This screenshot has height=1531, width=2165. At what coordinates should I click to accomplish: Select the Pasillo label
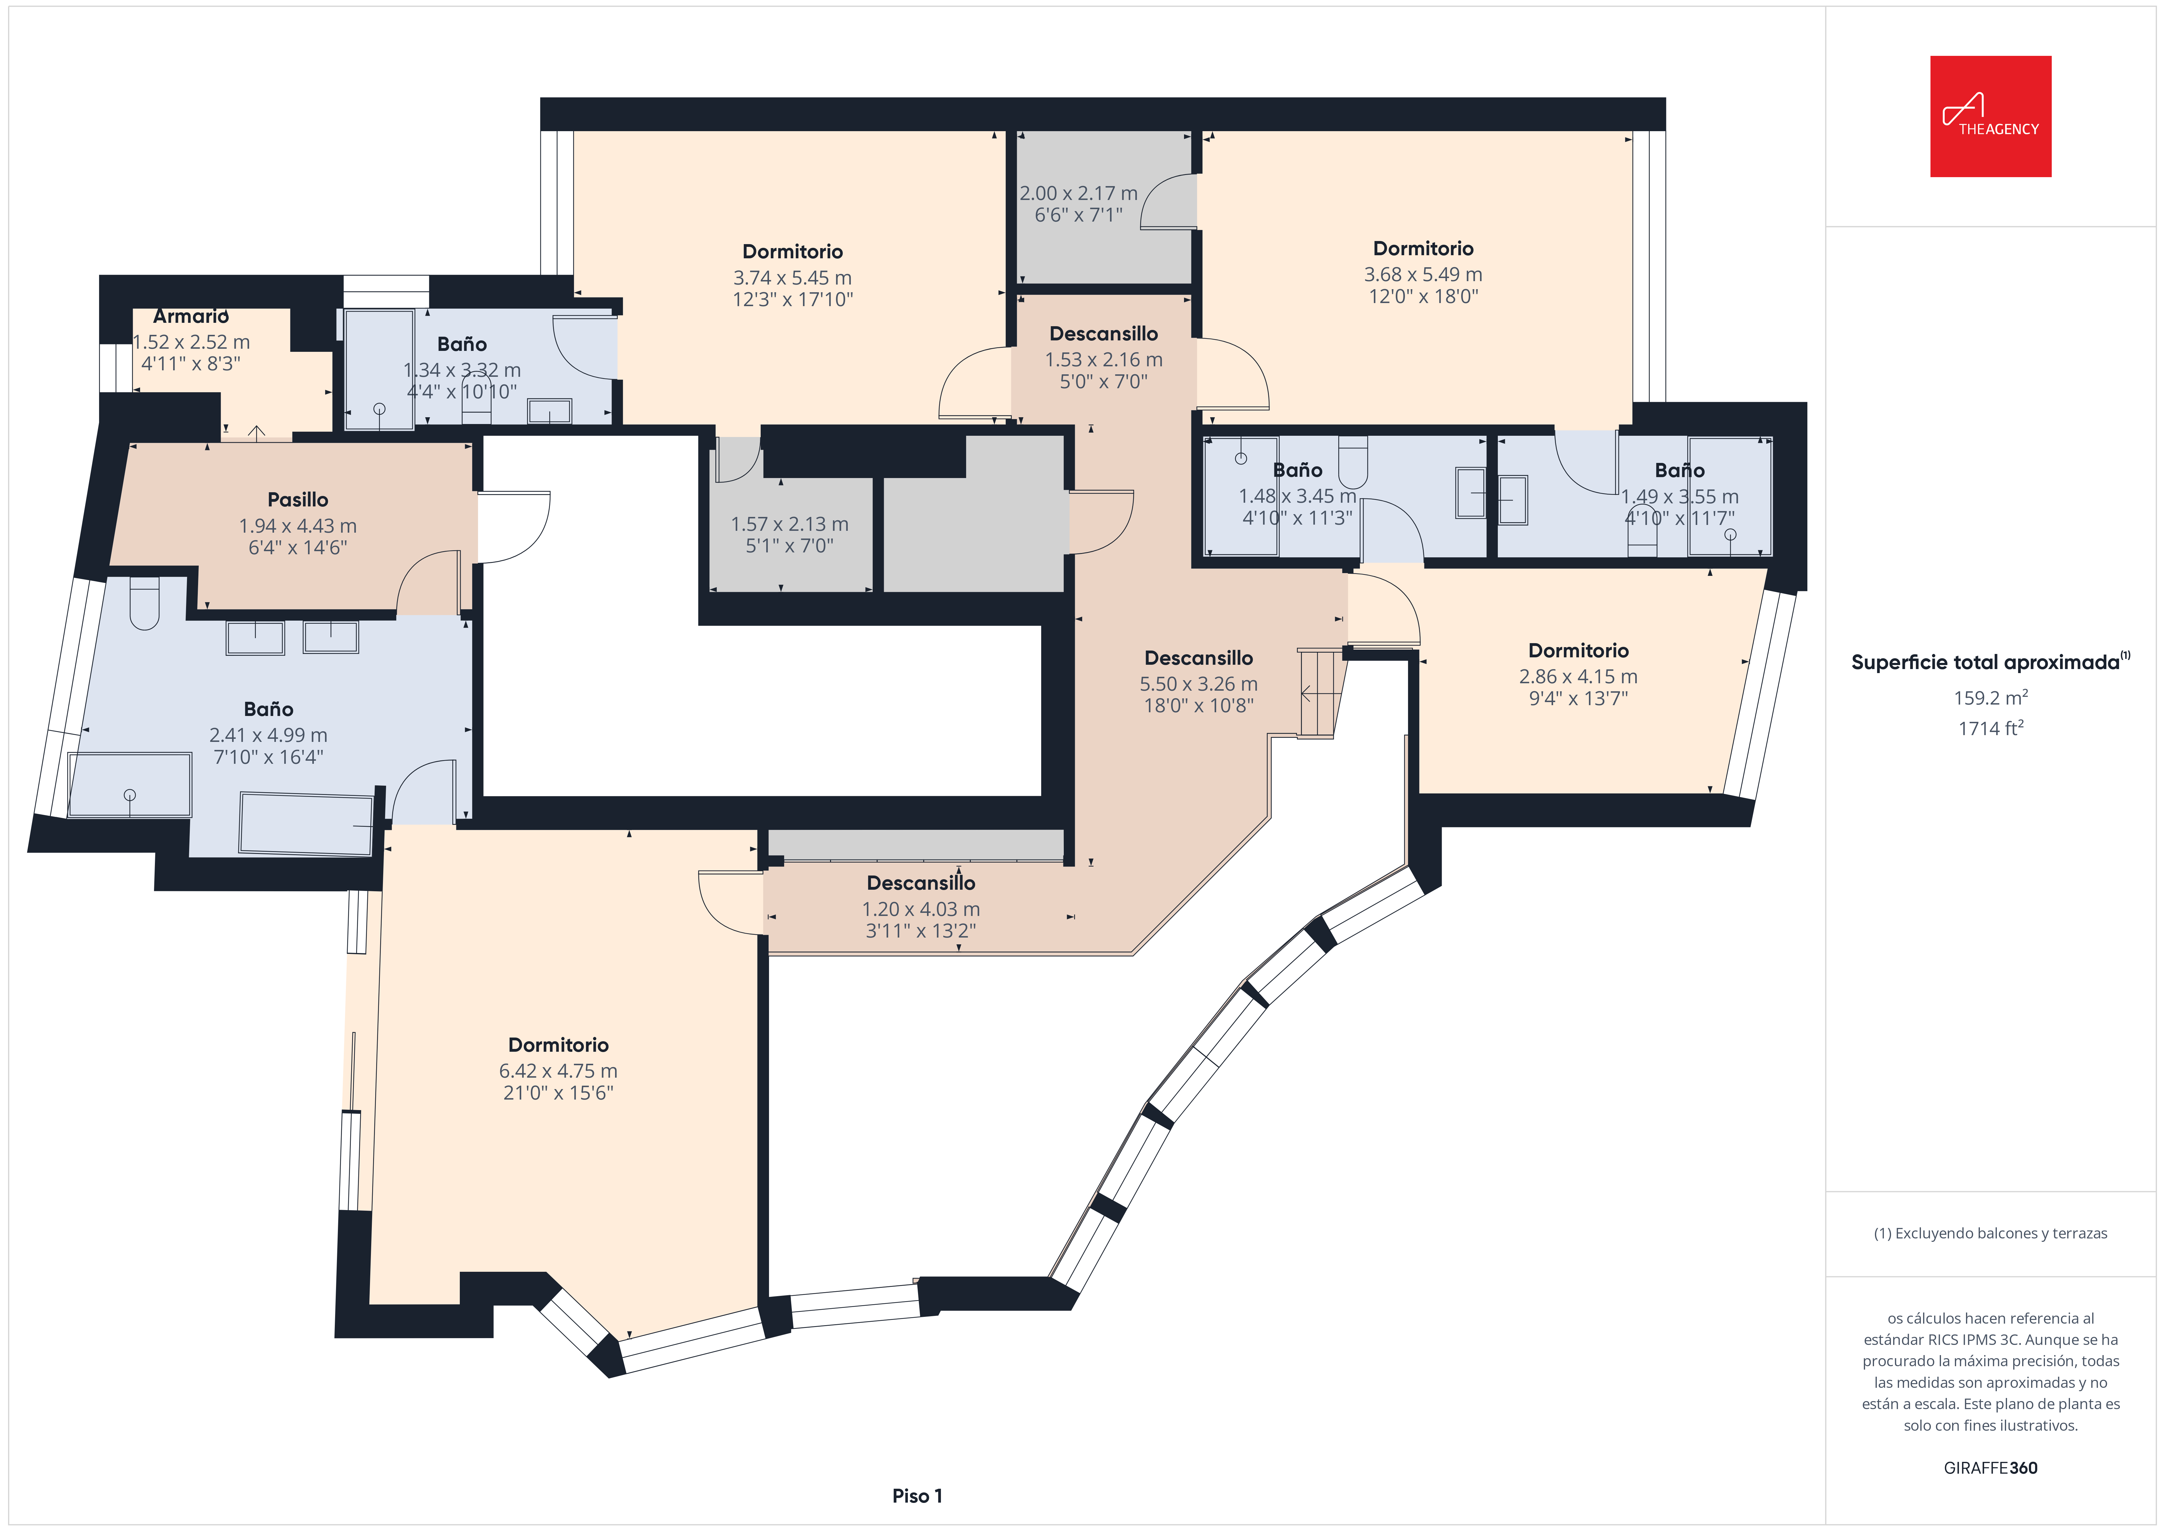[298, 500]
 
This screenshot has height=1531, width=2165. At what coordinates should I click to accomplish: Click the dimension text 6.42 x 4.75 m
[558, 1071]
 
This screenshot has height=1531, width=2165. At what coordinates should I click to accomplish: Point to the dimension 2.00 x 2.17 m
[1079, 193]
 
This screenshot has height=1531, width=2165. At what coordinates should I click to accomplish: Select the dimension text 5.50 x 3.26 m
[1199, 684]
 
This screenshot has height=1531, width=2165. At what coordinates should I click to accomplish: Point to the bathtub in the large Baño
[306, 823]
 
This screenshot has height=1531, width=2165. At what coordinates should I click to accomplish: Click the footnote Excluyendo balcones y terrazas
[1991, 1233]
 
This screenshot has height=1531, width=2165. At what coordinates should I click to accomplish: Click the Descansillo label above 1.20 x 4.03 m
[921, 883]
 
